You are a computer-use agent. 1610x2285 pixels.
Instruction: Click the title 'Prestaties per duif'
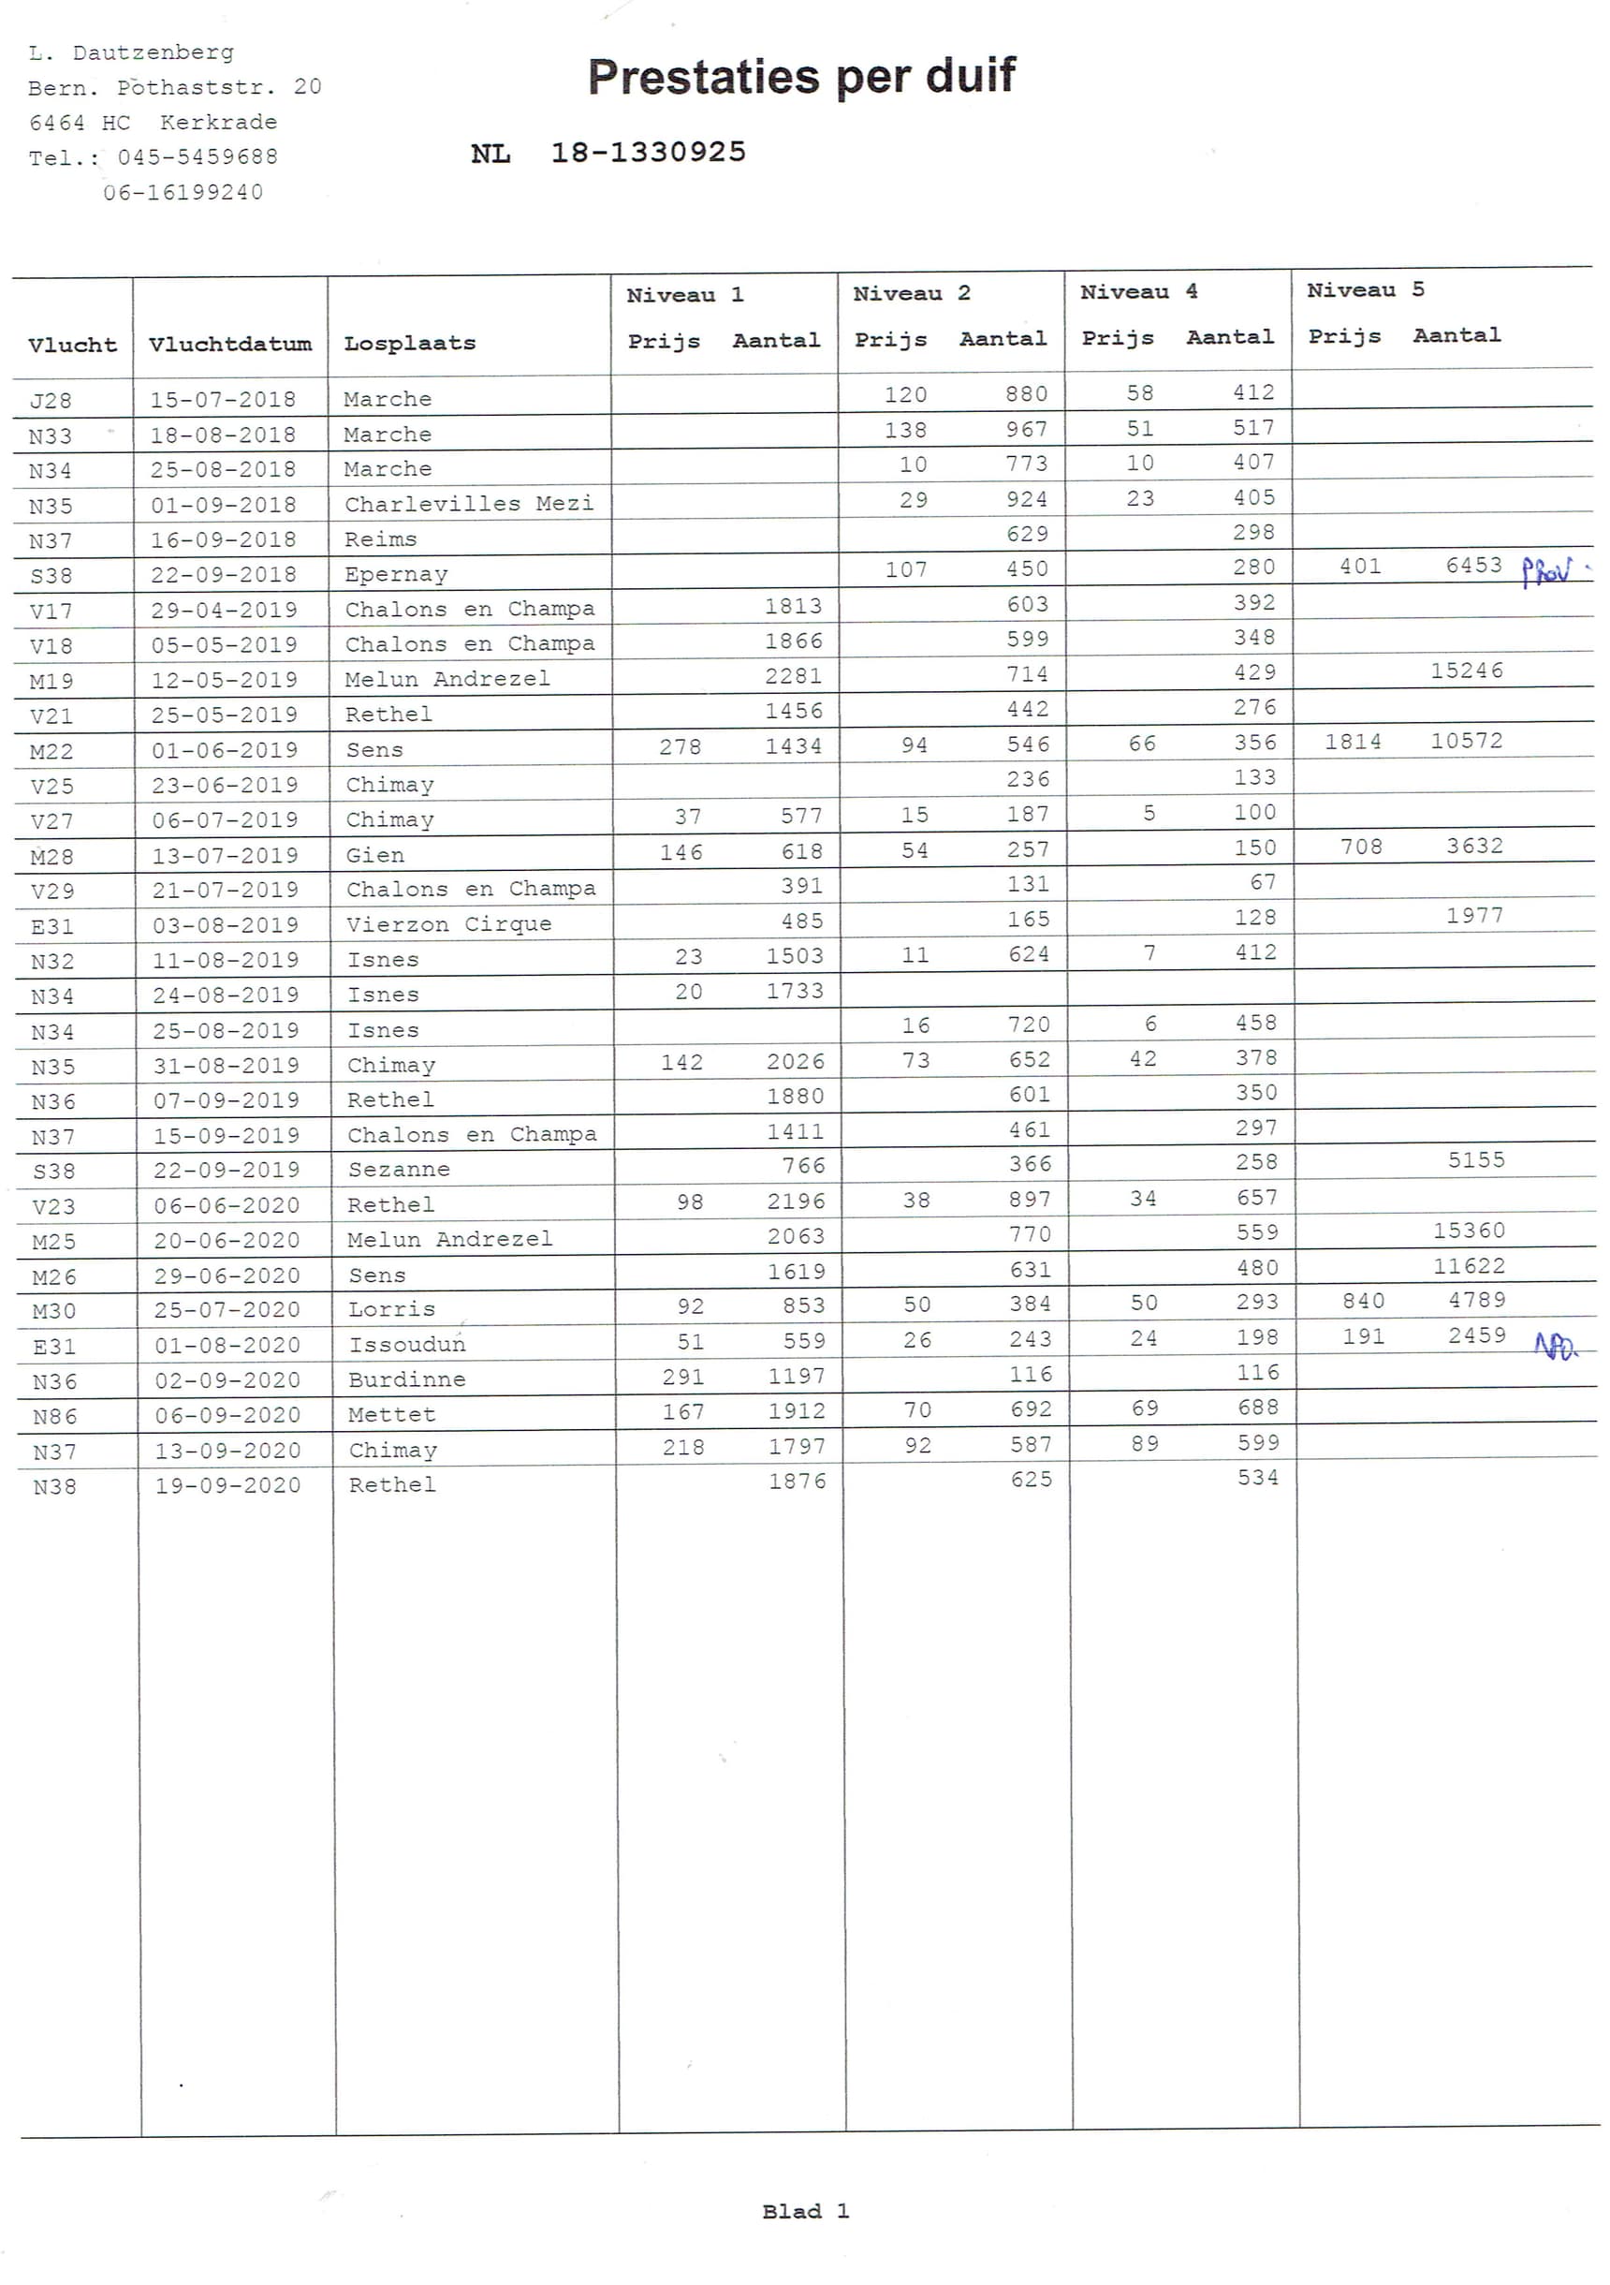coord(801,77)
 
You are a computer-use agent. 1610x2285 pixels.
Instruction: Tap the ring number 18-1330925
coord(648,153)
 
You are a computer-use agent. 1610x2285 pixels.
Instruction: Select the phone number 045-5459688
coord(197,157)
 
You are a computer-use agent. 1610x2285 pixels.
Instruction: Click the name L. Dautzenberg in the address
coord(131,52)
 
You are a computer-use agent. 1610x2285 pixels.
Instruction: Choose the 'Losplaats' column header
coord(410,344)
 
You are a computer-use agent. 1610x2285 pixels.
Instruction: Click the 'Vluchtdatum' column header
coord(230,345)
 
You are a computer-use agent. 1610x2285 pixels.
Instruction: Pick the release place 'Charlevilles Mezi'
coord(469,504)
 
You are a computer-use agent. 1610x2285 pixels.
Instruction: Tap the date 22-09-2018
coord(224,575)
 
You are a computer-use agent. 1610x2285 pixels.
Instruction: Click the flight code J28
coord(51,401)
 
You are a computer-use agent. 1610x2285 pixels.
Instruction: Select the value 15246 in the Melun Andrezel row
coord(1467,671)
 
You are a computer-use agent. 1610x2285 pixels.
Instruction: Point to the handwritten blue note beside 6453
coord(1548,571)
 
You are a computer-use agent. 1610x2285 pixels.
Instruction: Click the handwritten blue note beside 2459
coord(1556,1347)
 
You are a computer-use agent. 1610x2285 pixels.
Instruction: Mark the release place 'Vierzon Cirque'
coord(447,924)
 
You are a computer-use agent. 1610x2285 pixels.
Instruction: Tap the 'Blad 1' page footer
coord(805,2211)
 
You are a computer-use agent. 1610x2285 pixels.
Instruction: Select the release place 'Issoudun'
coord(407,1346)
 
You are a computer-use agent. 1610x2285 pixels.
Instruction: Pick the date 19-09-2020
coord(227,1486)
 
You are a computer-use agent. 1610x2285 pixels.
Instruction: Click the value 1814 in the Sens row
coord(1353,742)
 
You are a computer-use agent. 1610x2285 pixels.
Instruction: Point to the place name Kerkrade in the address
coord(219,123)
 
